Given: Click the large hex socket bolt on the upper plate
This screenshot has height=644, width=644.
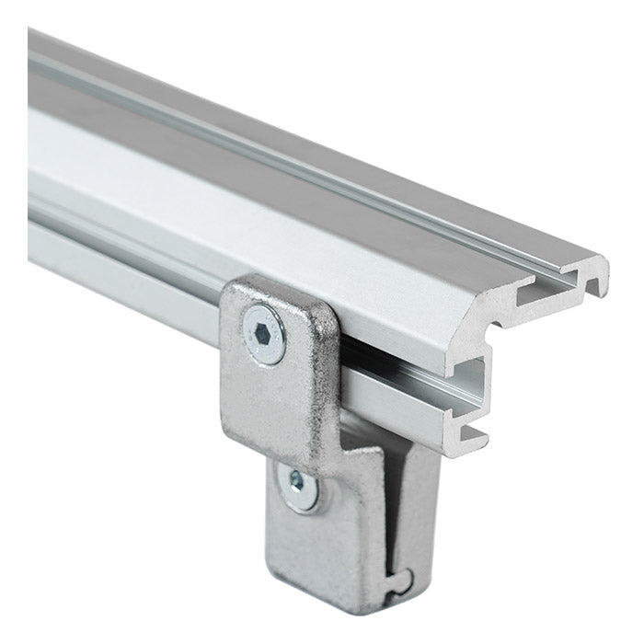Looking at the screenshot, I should (x=264, y=334).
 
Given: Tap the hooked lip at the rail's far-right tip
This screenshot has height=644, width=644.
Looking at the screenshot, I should (x=599, y=276).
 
